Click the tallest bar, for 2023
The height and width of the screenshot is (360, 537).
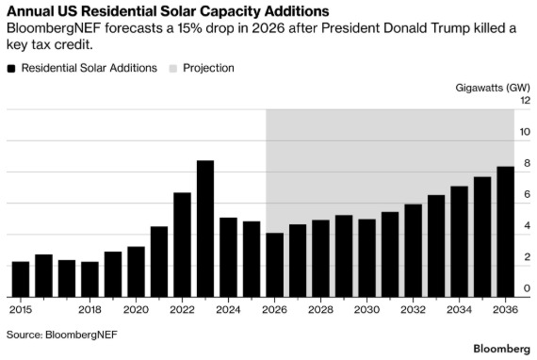[205, 228]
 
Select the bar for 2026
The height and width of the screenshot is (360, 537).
[275, 265]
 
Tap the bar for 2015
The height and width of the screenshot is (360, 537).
[21, 279]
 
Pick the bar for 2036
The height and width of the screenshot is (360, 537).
[506, 232]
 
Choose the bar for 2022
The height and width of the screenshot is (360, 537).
[182, 245]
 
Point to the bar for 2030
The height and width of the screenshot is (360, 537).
[366, 258]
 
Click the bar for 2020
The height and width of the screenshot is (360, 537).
[136, 271]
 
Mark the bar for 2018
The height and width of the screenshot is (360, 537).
[89, 279]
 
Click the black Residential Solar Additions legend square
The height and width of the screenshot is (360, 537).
[11, 69]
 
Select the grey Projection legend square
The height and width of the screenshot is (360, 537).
[173, 69]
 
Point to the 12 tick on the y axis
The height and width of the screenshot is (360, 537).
[525, 100]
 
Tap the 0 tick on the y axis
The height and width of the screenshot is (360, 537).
[527, 288]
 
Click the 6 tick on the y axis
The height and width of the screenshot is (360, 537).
[527, 194]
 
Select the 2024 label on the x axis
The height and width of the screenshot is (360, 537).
[228, 310]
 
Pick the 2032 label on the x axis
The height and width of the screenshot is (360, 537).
[413, 310]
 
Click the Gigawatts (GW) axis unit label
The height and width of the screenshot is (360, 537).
[493, 88]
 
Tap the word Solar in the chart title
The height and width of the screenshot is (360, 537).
[178, 11]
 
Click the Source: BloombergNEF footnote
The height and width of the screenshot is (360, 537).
[62, 335]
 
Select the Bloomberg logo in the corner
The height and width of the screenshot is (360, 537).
[502, 349]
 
